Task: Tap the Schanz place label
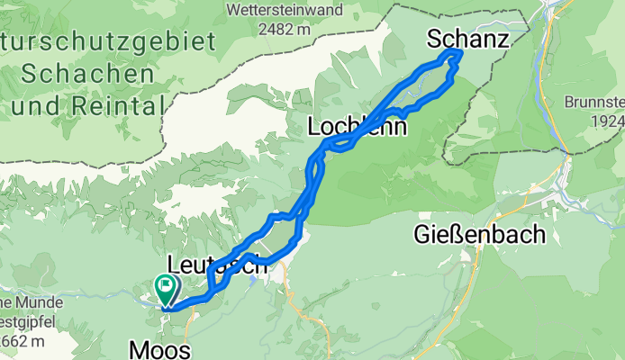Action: pos(467,39)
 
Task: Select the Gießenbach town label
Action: pos(481,235)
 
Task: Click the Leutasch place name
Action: pos(217,265)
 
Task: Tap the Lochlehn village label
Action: pos(357,127)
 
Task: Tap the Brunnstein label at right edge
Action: pos(596,102)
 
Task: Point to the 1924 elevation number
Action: pos(608,121)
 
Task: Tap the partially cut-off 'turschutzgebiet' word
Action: pos(108,41)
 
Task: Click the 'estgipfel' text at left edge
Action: pos(23,321)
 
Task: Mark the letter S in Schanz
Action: pos(436,39)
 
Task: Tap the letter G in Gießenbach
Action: pos(424,235)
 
